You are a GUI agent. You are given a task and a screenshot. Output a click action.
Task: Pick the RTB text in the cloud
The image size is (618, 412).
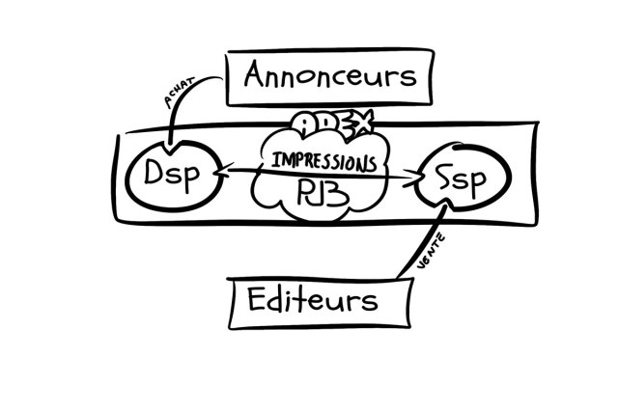click(x=320, y=192)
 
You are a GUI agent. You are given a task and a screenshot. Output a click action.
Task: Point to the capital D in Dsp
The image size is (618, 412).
click(x=158, y=177)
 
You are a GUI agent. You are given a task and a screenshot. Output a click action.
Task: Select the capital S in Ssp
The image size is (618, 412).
click(x=442, y=179)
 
